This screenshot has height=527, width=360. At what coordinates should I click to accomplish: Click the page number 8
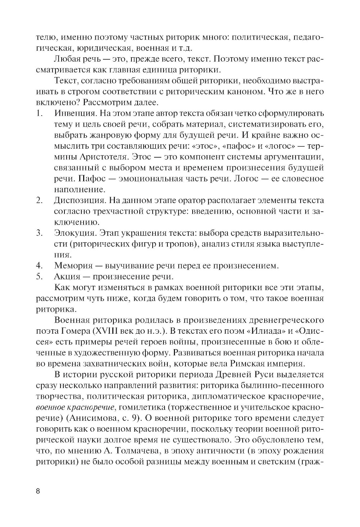click(x=38, y=492)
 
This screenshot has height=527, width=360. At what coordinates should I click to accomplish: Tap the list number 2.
click(x=39, y=200)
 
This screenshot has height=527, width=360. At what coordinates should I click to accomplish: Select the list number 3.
click(x=39, y=233)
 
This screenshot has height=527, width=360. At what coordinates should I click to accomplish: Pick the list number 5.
click(x=39, y=277)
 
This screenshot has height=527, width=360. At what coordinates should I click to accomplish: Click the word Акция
click(x=66, y=277)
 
